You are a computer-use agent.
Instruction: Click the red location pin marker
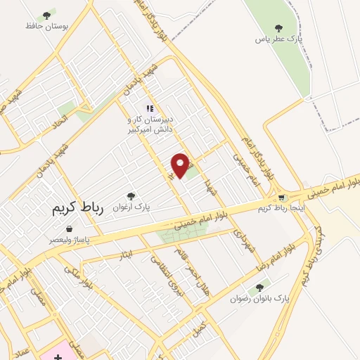click(181, 165)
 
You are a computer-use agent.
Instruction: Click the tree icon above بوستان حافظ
click(47, 13)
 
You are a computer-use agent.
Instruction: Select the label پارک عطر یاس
click(279, 39)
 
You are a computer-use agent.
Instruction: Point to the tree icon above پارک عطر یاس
click(279, 28)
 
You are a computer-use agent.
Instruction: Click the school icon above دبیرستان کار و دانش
click(149, 108)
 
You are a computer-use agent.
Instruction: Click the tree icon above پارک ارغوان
click(130, 196)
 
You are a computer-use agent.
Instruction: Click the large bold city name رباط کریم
click(77, 209)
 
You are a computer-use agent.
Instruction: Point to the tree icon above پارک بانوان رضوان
click(260, 287)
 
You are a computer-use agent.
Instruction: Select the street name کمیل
click(201, 327)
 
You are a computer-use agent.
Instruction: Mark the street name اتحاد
click(55, 125)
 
